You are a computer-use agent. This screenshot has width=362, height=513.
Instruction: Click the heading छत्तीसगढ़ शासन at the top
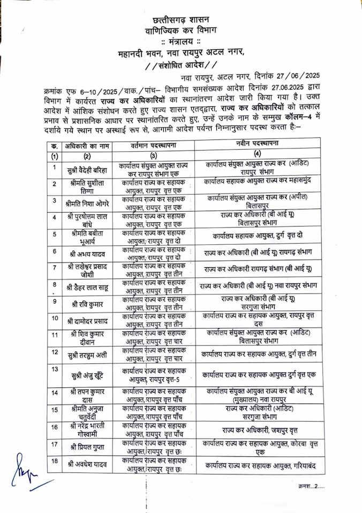click(181, 20)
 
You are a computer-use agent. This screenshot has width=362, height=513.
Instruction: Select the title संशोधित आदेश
click(182, 66)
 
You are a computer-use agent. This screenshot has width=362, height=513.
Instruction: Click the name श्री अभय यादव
click(87, 252)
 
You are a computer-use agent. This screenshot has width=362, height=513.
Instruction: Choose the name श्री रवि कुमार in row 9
click(87, 304)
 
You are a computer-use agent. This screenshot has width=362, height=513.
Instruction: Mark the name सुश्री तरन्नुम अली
click(87, 354)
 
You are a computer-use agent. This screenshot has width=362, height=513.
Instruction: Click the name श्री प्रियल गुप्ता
click(87, 446)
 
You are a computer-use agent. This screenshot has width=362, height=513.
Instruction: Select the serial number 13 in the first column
click(55, 369)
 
